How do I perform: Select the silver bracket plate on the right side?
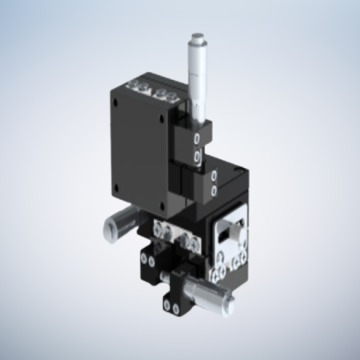click(233, 240)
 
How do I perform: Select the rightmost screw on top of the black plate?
click(170, 94)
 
